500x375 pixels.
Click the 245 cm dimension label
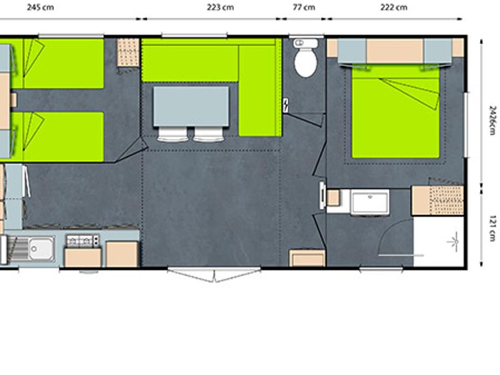40,7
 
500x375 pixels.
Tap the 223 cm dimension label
220,7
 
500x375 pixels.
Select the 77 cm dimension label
304,7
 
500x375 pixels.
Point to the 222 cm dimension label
393,7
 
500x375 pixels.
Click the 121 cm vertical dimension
493,228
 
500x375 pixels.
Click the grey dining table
191,106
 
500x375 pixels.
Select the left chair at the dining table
172,134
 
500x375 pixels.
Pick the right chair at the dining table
208,134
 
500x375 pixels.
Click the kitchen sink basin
42,249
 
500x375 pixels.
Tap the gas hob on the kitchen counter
83,241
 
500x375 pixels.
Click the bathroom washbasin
370,202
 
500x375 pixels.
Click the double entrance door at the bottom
214,274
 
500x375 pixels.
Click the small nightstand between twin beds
13,100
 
